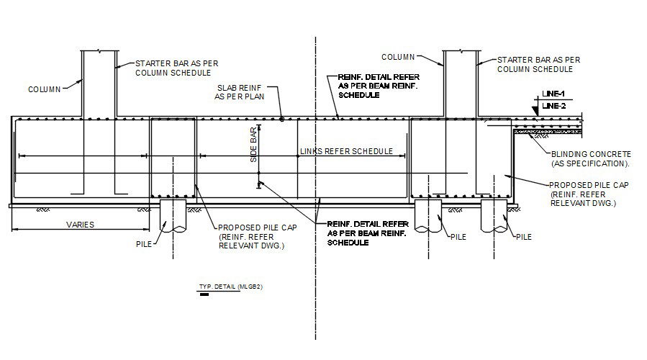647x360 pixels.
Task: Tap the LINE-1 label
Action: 553,94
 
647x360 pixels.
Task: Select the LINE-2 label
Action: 555,106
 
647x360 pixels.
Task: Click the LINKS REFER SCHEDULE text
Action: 345,151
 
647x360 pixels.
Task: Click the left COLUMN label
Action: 43,90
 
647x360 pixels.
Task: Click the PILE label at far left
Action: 144,245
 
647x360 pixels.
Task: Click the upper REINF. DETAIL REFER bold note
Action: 379,85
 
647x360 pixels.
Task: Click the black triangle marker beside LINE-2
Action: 536,109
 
